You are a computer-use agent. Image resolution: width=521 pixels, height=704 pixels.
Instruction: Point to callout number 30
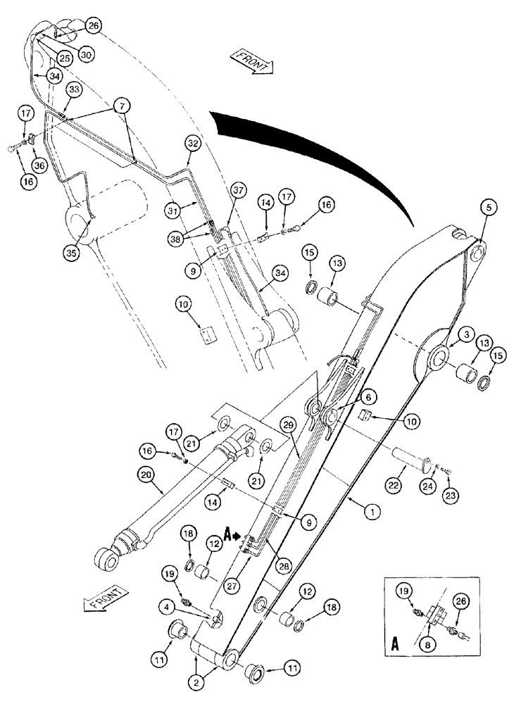click(85, 54)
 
